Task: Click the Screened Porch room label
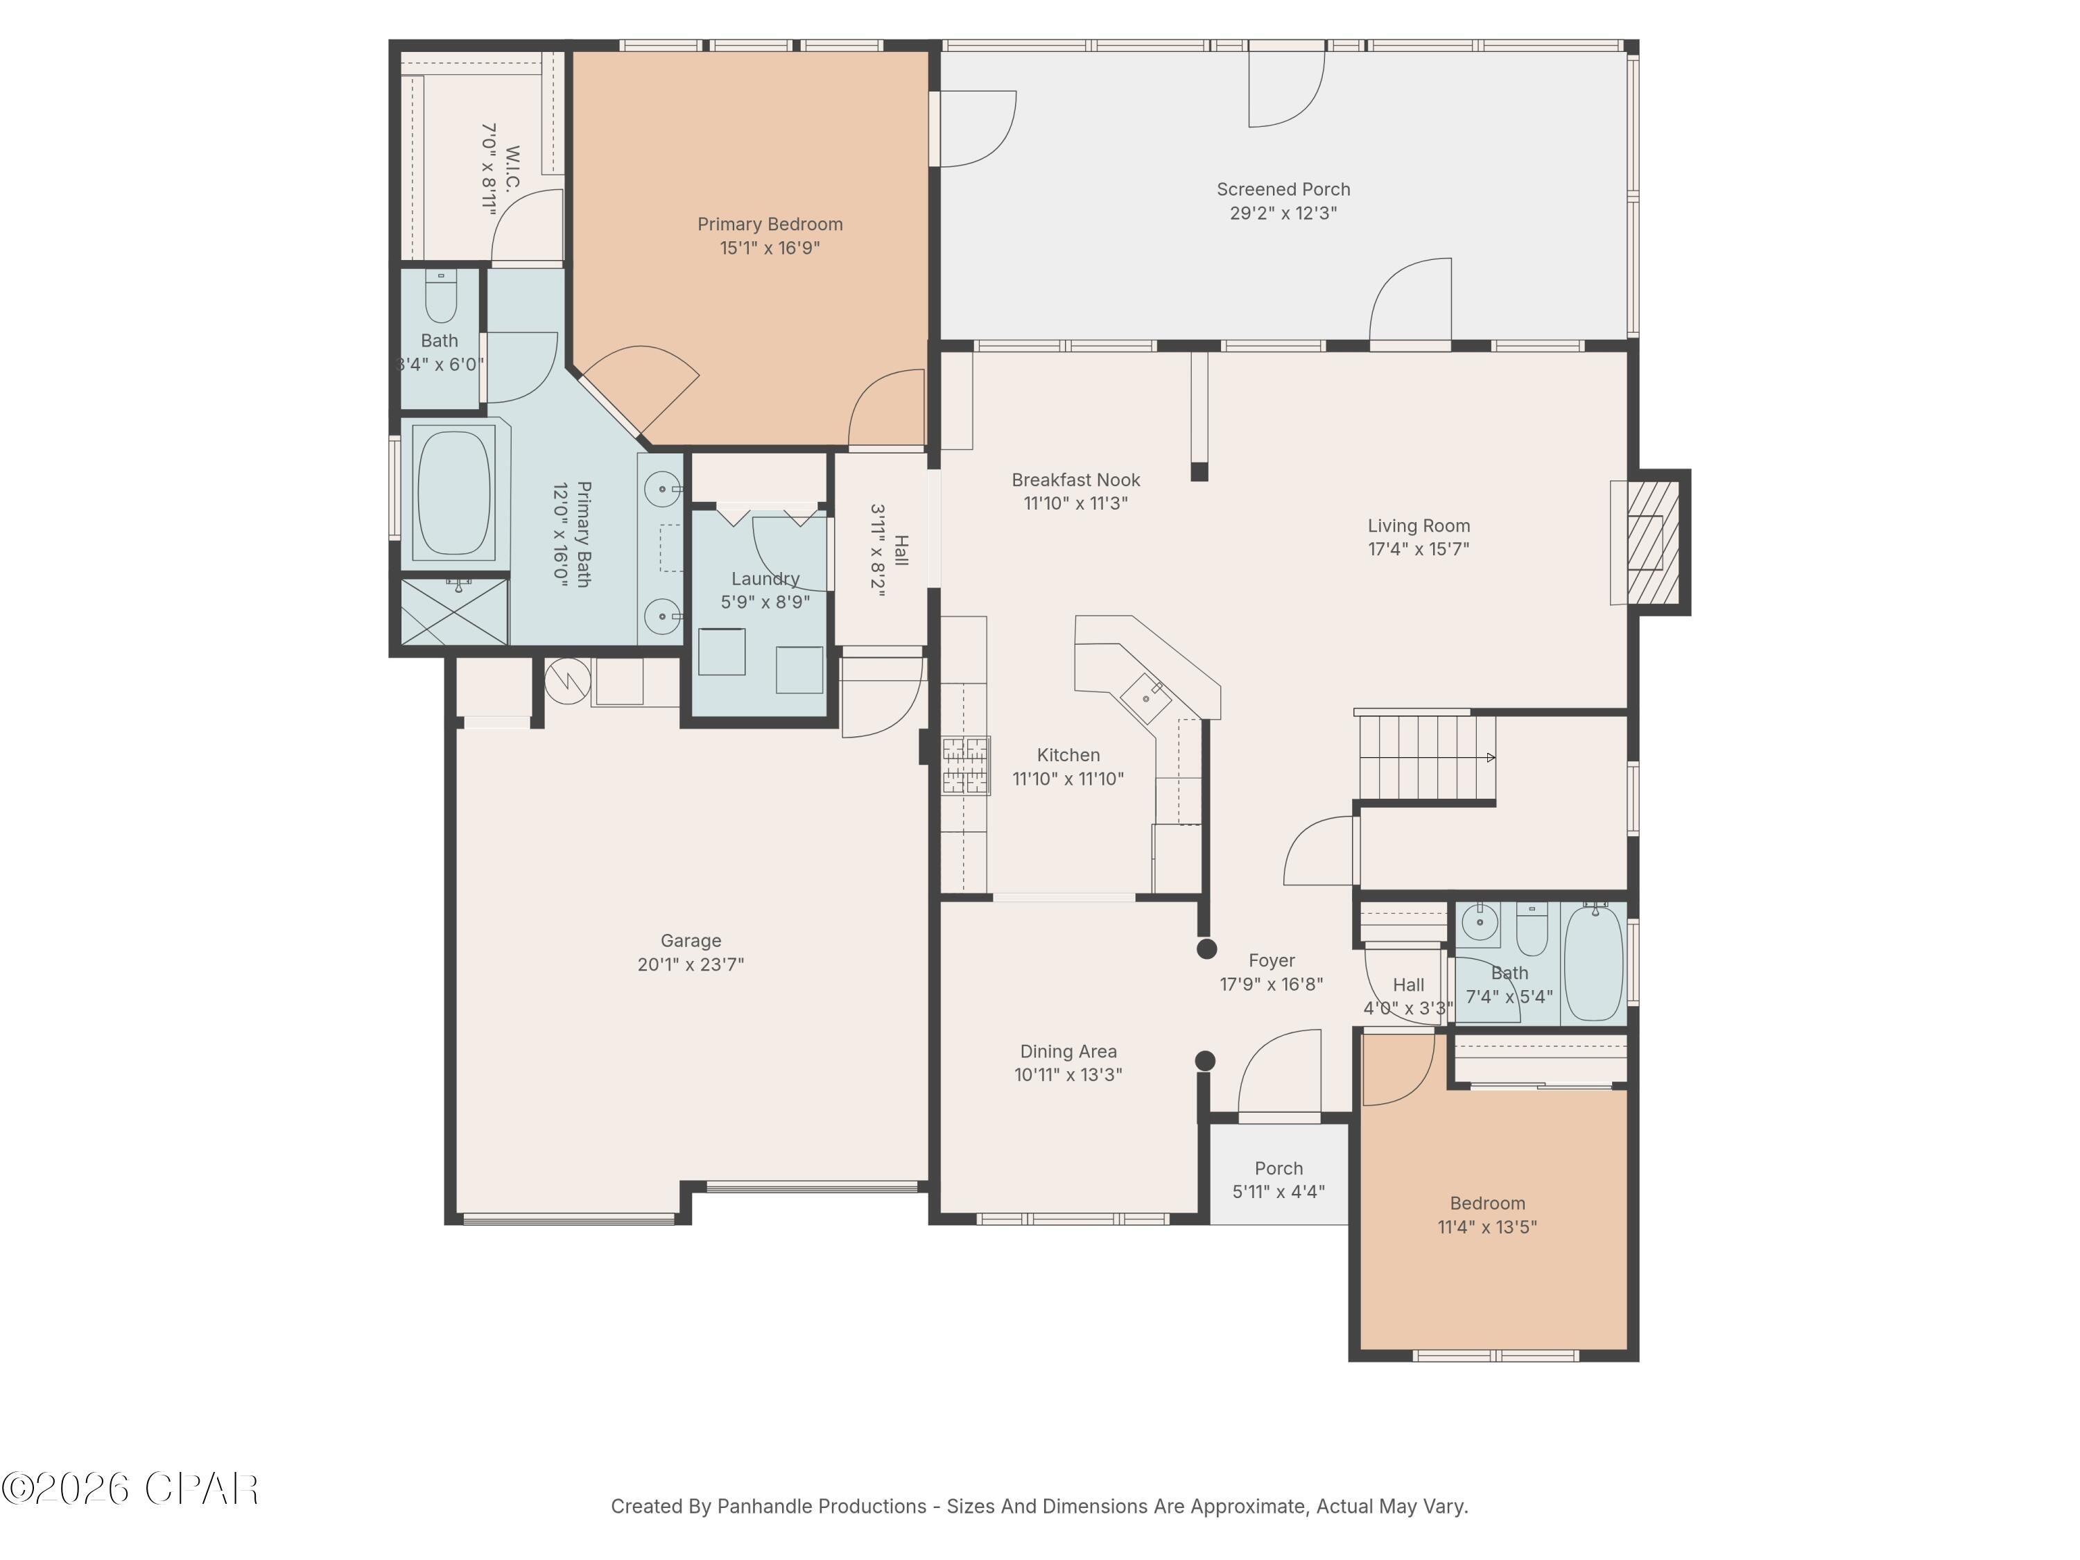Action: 1283,189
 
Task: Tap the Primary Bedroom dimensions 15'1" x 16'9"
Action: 769,248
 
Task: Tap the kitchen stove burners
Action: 967,765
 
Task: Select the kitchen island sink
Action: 1148,697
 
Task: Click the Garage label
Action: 690,940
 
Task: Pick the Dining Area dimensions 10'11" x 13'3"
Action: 1068,1075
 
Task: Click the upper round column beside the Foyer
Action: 1206,948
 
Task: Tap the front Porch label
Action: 1279,1168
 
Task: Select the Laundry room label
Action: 765,578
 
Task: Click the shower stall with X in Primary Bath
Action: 455,612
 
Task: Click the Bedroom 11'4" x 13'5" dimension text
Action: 1487,1227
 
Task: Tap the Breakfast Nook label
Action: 1076,480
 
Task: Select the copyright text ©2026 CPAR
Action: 130,1489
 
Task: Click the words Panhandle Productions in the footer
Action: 821,1507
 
